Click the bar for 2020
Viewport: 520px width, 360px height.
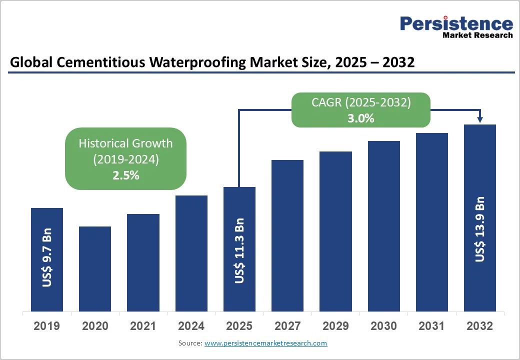coord(95,268)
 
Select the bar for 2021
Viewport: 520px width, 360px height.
coord(143,262)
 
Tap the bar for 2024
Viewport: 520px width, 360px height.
coord(191,253)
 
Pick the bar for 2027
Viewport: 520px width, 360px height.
coord(287,235)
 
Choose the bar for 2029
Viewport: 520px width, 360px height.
coord(335,231)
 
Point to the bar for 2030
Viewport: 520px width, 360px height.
coord(384,226)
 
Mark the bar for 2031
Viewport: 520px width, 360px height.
coord(432,222)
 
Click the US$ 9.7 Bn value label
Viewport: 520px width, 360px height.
coord(47,258)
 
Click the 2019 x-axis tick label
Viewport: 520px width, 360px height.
coord(46,326)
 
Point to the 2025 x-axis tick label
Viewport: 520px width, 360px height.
coord(239,326)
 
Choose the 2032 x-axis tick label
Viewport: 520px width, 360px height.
coord(479,326)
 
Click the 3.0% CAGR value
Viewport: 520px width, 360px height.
coord(361,119)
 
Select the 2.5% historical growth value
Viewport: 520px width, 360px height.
coord(125,175)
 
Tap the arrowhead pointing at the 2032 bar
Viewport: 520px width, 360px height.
coord(480,119)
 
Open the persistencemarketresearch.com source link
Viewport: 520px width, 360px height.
coord(265,343)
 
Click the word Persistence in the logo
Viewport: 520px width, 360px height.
coord(456,23)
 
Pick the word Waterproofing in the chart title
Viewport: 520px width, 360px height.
coord(195,62)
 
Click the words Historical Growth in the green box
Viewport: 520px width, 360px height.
coord(125,143)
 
